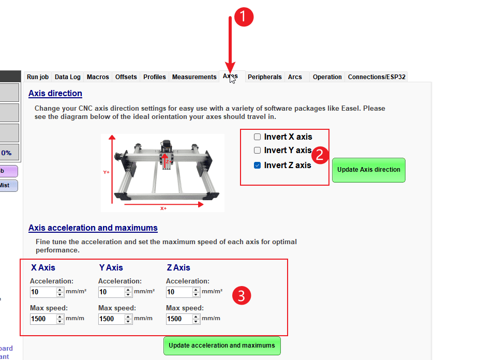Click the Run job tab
(37, 77)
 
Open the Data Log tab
(68, 77)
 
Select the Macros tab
(98, 77)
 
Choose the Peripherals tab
(264, 77)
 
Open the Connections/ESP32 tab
(377, 77)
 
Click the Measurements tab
(194, 77)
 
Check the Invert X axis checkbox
(257, 137)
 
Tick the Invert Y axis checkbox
(257, 151)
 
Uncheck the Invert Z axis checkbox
(257, 166)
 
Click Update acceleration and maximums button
(222, 346)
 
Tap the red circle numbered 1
(244, 17)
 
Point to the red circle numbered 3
(242, 296)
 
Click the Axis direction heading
(55, 94)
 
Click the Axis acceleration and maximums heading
(93, 228)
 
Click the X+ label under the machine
(163, 208)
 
